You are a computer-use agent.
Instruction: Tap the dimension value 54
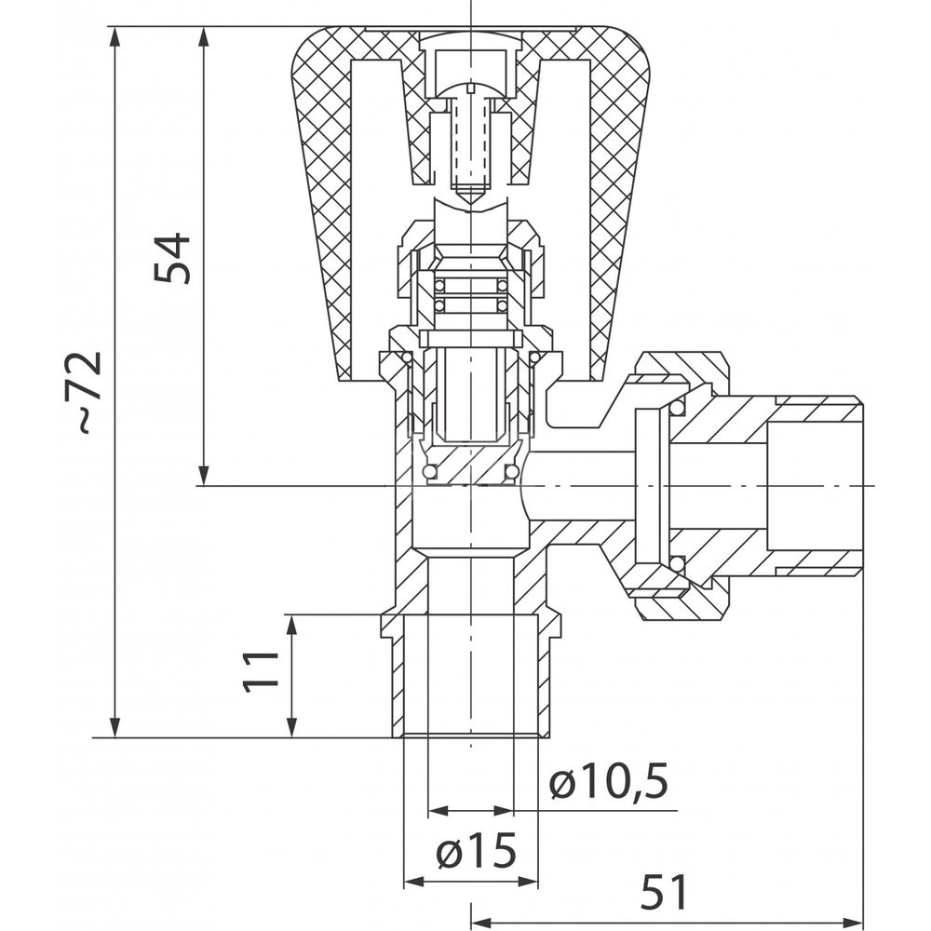[x=172, y=259]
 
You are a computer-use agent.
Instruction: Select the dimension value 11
[x=262, y=671]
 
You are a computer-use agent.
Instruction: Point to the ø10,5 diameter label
[x=609, y=783]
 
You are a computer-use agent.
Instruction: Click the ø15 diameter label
[x=476, y=852]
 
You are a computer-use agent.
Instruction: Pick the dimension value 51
[x=664, y=892]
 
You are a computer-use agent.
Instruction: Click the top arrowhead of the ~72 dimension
[x=115, y=38]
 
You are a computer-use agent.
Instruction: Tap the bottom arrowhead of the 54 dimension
[x=204, y=475]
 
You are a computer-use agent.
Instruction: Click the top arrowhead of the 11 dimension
[x=291, y=627]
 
